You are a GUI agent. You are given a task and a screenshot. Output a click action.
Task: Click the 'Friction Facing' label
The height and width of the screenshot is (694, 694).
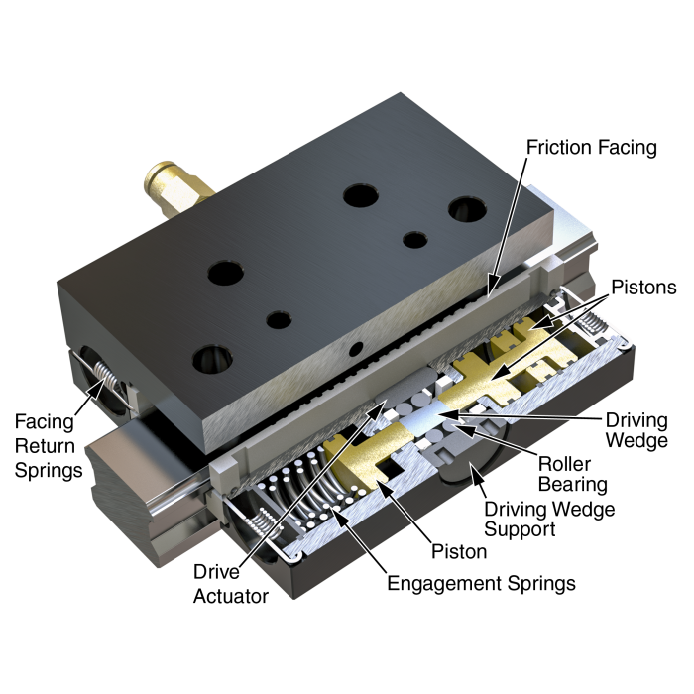point(591,148)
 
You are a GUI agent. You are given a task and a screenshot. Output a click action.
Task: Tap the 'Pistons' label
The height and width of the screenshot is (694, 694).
point(643,288)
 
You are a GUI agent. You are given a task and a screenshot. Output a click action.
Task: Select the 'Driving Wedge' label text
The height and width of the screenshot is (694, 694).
point(636,430)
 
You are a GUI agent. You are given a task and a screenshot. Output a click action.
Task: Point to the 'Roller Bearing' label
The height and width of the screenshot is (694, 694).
point(572,474)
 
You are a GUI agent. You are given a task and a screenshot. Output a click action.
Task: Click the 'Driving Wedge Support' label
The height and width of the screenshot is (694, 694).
point(549,519)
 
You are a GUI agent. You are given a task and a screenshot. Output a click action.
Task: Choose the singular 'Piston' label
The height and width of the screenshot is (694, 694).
point(459,551)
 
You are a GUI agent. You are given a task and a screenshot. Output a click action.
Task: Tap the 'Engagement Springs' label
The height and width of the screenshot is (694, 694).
point(481,583)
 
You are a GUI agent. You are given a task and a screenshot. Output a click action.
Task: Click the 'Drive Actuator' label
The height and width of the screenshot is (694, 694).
point(231,584)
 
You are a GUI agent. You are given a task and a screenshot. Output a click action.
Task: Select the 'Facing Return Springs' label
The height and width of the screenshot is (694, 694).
point(49,446)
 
